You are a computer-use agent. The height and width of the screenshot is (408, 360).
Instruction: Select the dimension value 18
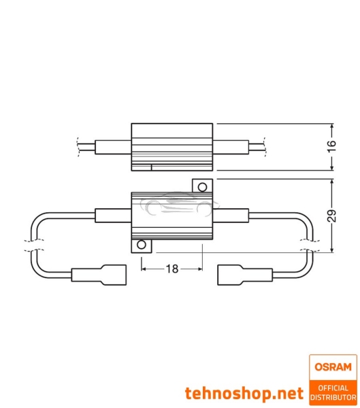click(x=171, y=269)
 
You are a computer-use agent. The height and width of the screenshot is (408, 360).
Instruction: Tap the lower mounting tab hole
click(x=142, y=245)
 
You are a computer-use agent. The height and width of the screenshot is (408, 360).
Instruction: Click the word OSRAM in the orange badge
click(x=333, y=367)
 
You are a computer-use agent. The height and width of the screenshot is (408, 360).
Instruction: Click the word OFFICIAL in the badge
click(x=333, y=387)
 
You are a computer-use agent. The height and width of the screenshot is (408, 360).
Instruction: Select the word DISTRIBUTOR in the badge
click(x=333, y=396)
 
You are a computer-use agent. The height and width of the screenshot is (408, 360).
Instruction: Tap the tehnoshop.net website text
click(x=243, y=393)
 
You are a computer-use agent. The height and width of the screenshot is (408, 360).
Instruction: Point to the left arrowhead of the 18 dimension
click(x=144, y=269)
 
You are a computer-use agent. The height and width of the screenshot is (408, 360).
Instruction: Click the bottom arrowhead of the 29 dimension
click(x=331, y=249)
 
